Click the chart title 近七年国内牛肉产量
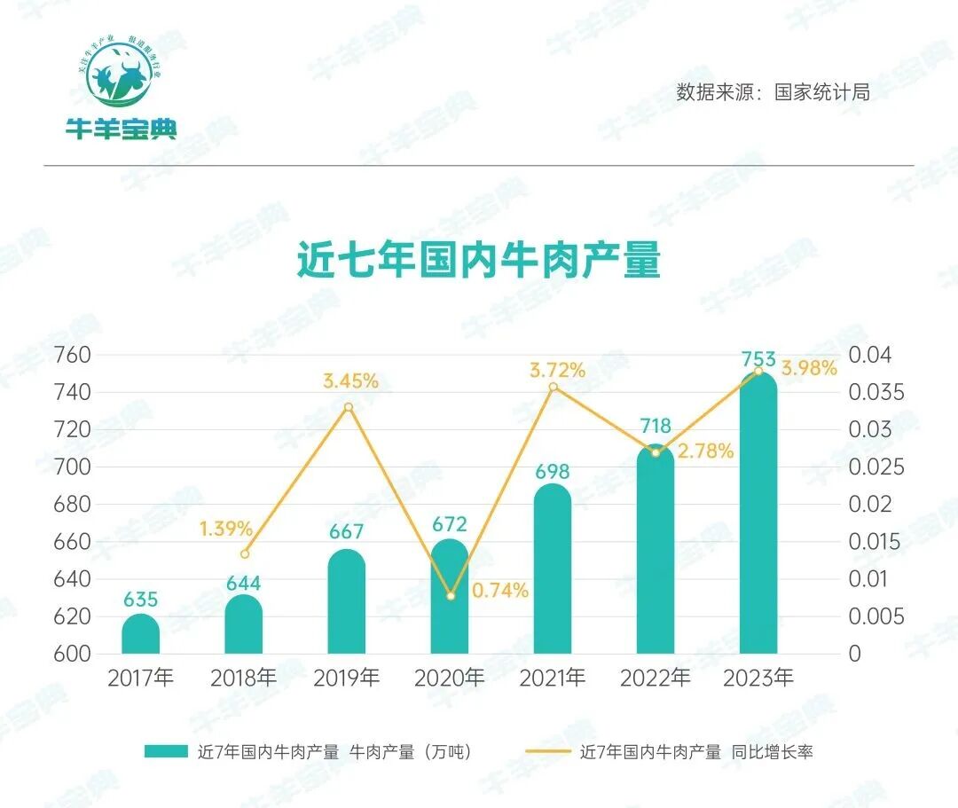(478, 259)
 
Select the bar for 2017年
(140, 635)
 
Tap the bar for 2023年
(758, 514)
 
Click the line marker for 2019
(349, 407)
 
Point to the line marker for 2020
(451, 596)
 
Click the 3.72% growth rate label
(558, 370)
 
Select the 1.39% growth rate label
(225, 529)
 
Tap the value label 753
(758, 360)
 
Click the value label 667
(346, 532)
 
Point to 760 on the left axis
(74, 355)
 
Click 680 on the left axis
(74, 505)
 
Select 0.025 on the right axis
(876, 467)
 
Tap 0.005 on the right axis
(876, 616)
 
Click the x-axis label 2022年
(656, 679)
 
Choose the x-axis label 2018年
(244, 679)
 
